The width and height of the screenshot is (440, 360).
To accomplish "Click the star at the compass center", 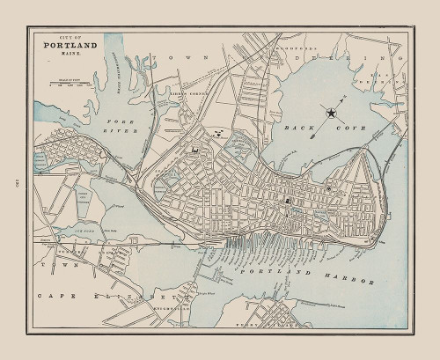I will click(x=330, y=113).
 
